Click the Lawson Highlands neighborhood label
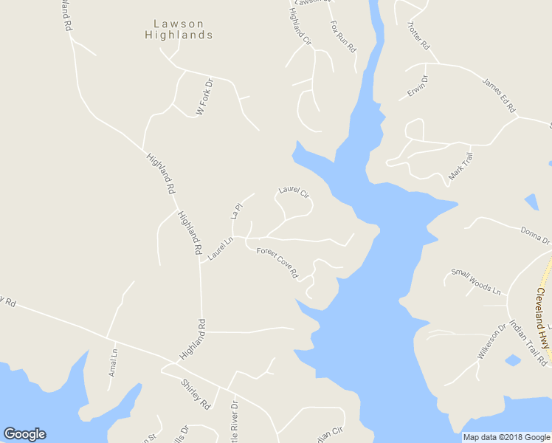(179, 30)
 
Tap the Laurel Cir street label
(293, 192)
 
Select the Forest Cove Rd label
(277, 263)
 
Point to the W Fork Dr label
(204, 97)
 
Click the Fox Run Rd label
(343, 35)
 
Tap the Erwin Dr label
(417, 87)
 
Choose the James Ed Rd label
(498, 95)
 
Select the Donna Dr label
(535, 236)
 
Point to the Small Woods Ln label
(475, 281)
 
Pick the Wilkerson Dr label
(491, 341)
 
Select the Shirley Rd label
(196, 394)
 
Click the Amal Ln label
(113, 363)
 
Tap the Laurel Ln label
(220, 248)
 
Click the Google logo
(24, 434)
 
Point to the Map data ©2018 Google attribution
(507, 437)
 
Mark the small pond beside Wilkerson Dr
(513, 360)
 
